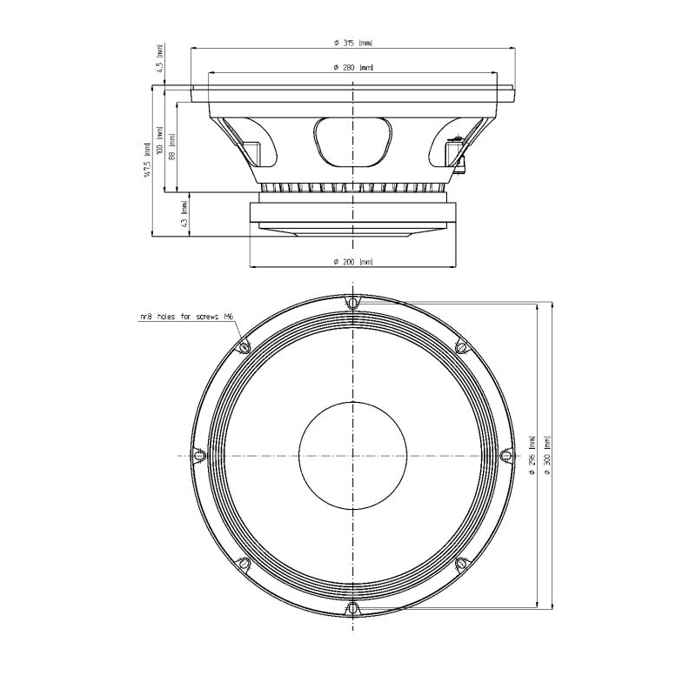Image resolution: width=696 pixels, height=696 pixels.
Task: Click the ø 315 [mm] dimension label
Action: (353, 43)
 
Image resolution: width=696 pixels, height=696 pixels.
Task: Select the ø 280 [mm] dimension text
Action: (353, 67)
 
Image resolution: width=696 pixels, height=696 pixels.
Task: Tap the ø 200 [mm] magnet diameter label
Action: (353, 262)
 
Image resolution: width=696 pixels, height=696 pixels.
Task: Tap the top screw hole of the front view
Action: (352, 304)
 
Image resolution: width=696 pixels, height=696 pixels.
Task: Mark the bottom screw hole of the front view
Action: (352, 607)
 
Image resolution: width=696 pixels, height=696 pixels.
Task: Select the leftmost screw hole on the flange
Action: (199, 455)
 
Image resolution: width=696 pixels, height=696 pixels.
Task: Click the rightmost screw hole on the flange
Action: (505, 455)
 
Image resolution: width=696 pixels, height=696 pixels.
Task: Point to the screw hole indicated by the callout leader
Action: (244, 347)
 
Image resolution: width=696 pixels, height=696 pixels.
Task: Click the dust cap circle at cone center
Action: (352, 455)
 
